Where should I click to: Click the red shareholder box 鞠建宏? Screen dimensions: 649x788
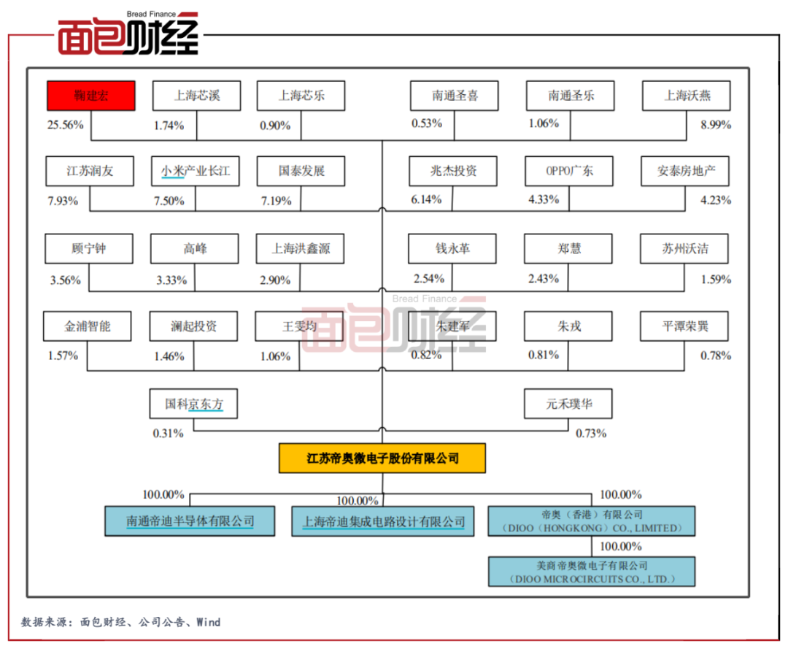[x=91, y=96]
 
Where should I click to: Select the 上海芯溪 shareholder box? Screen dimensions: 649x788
[x=196, y=96]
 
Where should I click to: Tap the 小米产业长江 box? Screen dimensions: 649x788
[x=196, y=172]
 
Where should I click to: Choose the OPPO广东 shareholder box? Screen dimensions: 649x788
[x=569, y=172]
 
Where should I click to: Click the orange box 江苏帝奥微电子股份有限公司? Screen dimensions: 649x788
[x=382, y=458]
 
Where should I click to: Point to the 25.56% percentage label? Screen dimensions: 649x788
[x=65, y=125]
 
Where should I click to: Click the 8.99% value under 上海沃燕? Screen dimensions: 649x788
[x=716, y=125]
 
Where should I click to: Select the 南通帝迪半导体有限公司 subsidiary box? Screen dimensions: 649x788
[x=190, y=521]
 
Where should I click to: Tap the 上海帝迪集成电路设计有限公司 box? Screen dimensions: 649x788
[x=384, y=522]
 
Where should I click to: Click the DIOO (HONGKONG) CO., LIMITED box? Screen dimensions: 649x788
[x=591, y=521]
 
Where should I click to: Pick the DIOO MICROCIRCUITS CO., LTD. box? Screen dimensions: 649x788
[x=591, y=572]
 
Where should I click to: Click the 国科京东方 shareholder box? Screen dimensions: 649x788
[x=194, y=404]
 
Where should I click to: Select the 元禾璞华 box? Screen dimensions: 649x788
[x=568, y=404]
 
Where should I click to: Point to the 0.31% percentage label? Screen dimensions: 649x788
[x=168, y=434]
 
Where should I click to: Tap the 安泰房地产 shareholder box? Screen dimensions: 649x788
[x=686, y=172]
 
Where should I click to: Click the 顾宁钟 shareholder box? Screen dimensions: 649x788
[x=89, y=249]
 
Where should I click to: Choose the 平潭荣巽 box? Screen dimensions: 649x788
[x=685, y=326]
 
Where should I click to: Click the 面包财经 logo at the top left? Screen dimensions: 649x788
[x=128, y=33]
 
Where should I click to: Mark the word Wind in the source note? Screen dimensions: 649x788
[x=208, y=623]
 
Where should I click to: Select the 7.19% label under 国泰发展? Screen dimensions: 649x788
[x=275, y=201]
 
